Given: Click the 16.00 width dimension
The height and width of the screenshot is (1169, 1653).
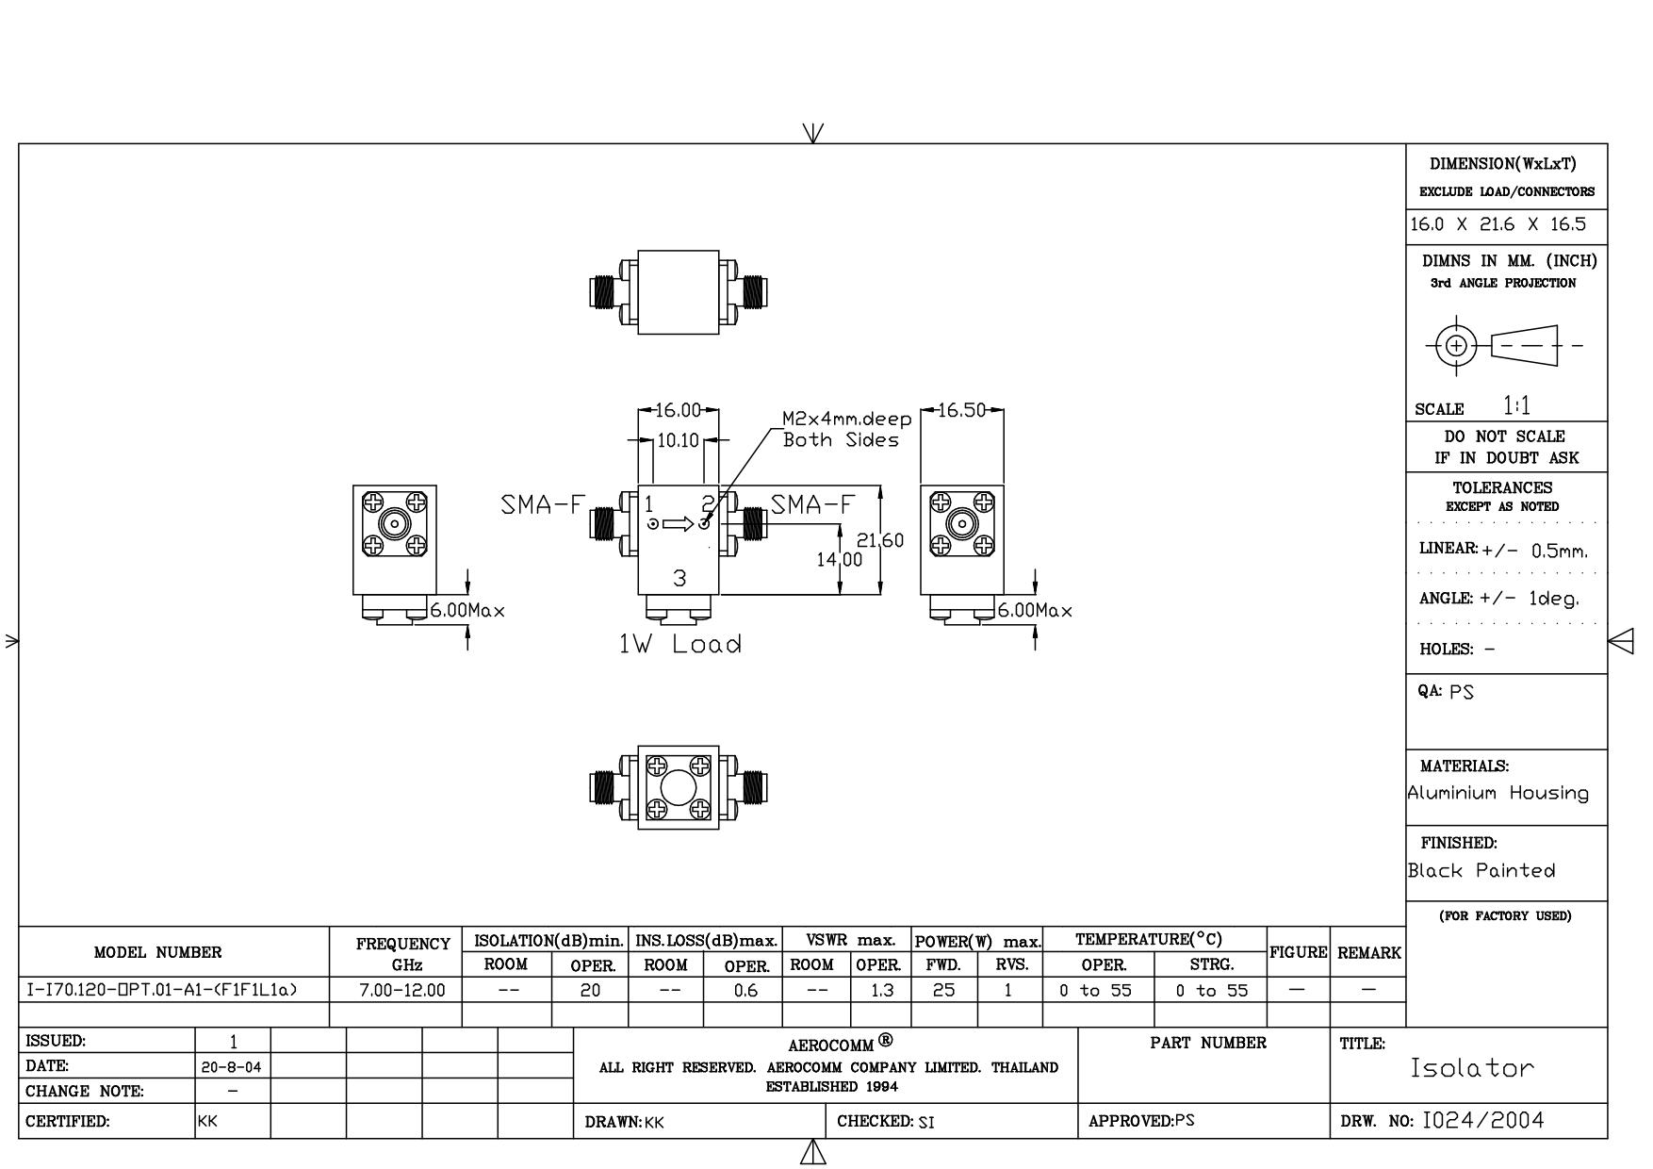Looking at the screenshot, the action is tap(679, 410).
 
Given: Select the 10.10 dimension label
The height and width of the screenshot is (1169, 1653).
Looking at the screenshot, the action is tap(678, 440).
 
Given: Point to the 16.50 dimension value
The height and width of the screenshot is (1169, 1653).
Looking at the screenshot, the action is tap(961, 410).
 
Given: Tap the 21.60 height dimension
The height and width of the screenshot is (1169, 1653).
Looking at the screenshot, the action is tap(880, 540).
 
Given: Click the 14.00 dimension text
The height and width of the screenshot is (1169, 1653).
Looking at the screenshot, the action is tap(839, 559).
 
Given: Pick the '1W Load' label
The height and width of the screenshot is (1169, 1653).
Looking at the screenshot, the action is tap(679, 644).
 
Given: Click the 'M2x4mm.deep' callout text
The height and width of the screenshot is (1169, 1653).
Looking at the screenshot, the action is tap(847, 419).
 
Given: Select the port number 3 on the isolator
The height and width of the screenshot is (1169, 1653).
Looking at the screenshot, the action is tap(679, 578).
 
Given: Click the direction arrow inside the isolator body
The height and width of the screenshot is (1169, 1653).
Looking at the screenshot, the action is tap(678, 524).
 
